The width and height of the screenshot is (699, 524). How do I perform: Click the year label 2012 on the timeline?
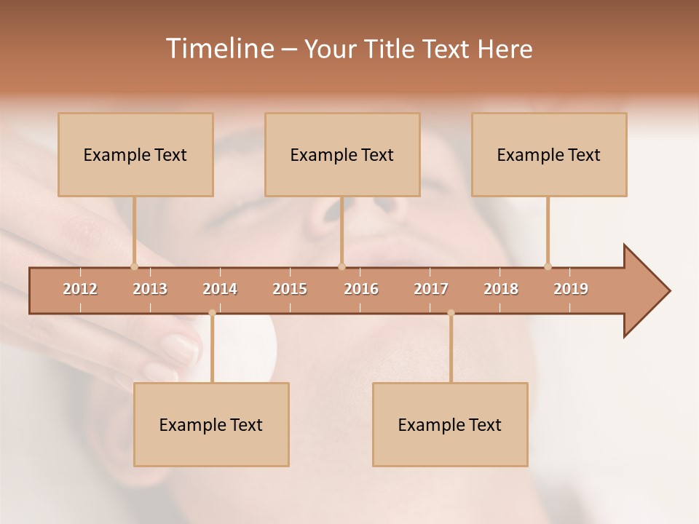[80, 289]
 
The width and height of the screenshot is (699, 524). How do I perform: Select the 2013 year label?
[150, 289]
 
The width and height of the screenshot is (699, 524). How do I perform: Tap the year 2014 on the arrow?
[220, 289]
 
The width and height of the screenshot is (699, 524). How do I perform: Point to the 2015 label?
[290, 289]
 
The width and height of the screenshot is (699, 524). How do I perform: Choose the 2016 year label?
[361, 289]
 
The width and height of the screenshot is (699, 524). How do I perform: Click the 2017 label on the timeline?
[431, 289]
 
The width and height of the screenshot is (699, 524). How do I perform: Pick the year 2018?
[501, 289]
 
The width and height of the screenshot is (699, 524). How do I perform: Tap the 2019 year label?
[571, 289]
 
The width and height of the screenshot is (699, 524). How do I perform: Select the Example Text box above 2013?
[135, 155]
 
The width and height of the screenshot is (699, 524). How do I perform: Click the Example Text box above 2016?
[342, 155]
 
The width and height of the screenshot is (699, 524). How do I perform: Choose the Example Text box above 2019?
[549, 155]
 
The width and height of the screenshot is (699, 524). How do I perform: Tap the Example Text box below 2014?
[211, 425]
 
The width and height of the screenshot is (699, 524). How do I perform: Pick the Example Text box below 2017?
[450, 425]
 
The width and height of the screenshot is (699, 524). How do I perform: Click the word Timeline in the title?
[218, 49]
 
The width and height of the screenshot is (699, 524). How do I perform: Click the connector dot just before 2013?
[134, 266]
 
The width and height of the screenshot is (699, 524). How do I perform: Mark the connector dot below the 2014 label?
[212, 313]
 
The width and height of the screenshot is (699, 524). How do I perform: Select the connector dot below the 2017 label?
[451, 313]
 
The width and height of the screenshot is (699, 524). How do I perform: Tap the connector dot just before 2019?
[548, 266]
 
